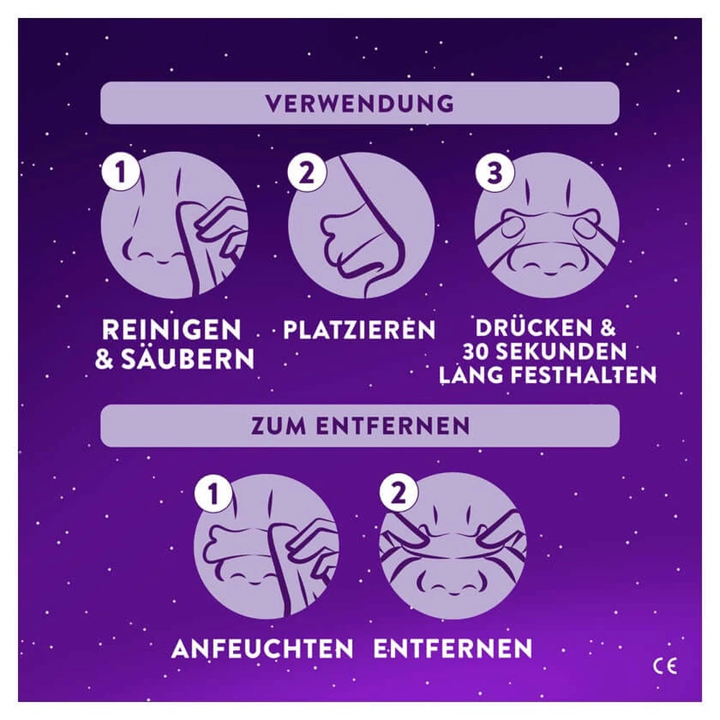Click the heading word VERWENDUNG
click(359, 103)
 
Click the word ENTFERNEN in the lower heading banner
click(392, 426)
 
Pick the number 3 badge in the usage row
click(494, 172)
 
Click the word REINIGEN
click(172, 329)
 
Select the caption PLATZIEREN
click(359, 329)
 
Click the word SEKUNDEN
click(562, 352)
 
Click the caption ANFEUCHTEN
click(263, 649)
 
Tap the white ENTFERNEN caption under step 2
click(453, 649)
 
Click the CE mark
click(665, 666)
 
